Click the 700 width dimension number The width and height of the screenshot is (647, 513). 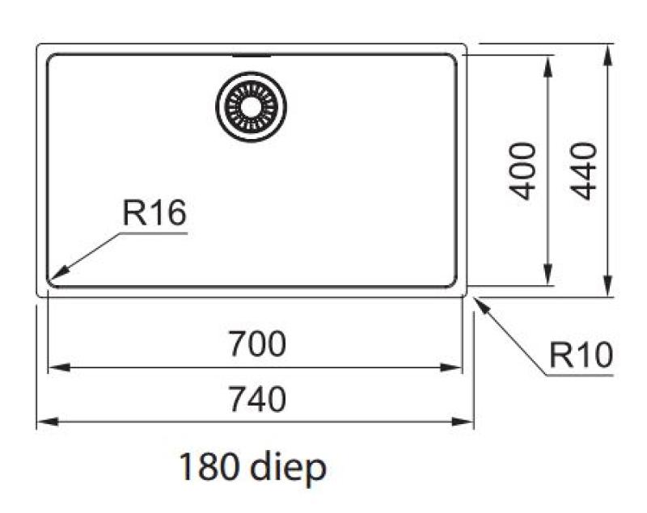(256, 345)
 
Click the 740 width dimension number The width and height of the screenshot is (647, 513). (256, 399)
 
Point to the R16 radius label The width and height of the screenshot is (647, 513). (154, 214)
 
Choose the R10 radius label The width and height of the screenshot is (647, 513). (580, 355)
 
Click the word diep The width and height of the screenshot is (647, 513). (289, 468)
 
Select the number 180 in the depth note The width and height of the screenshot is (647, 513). (208, 468)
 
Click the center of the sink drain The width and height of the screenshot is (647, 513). (252, 106)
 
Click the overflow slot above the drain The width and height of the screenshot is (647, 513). (252, 57)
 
